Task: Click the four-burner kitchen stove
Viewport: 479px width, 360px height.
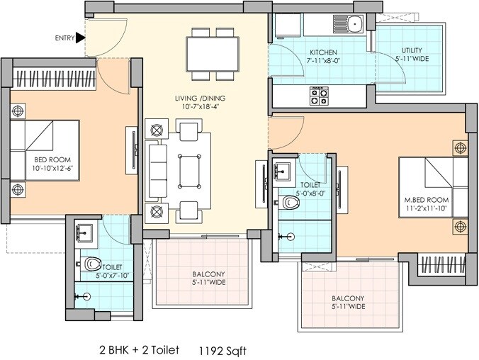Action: (x=319, y=92)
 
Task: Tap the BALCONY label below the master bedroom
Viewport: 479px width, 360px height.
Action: (x=347, y=303)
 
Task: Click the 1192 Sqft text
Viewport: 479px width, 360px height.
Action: (x=224, y=349)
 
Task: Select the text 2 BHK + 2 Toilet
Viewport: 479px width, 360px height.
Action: (x=139, y=349)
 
